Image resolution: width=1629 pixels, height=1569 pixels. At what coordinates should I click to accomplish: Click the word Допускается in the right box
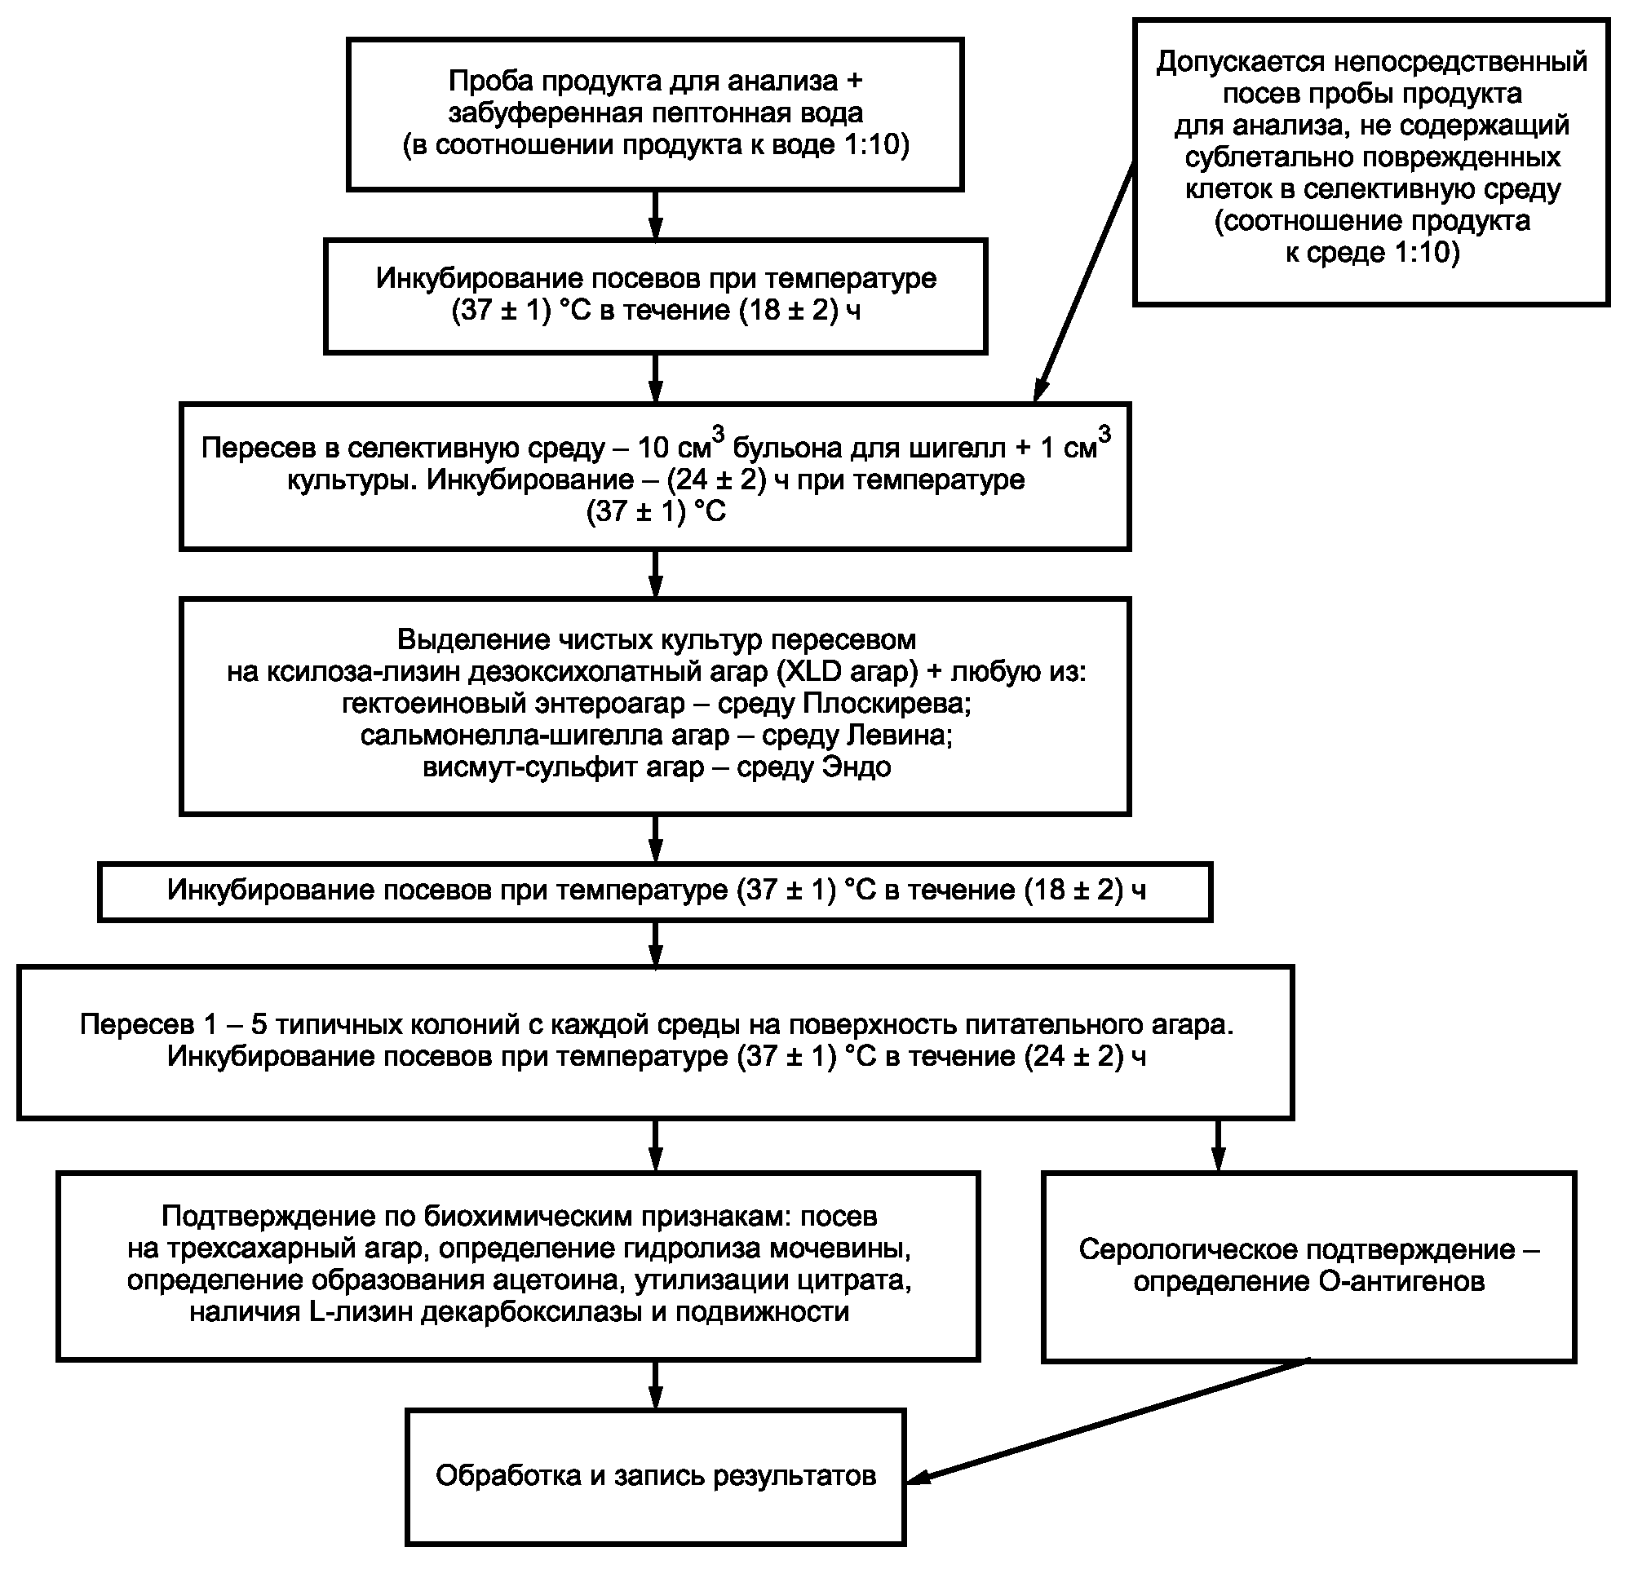click(1240, 61)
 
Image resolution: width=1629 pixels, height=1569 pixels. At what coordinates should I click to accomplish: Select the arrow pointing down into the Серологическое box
click(1219, 1145)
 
